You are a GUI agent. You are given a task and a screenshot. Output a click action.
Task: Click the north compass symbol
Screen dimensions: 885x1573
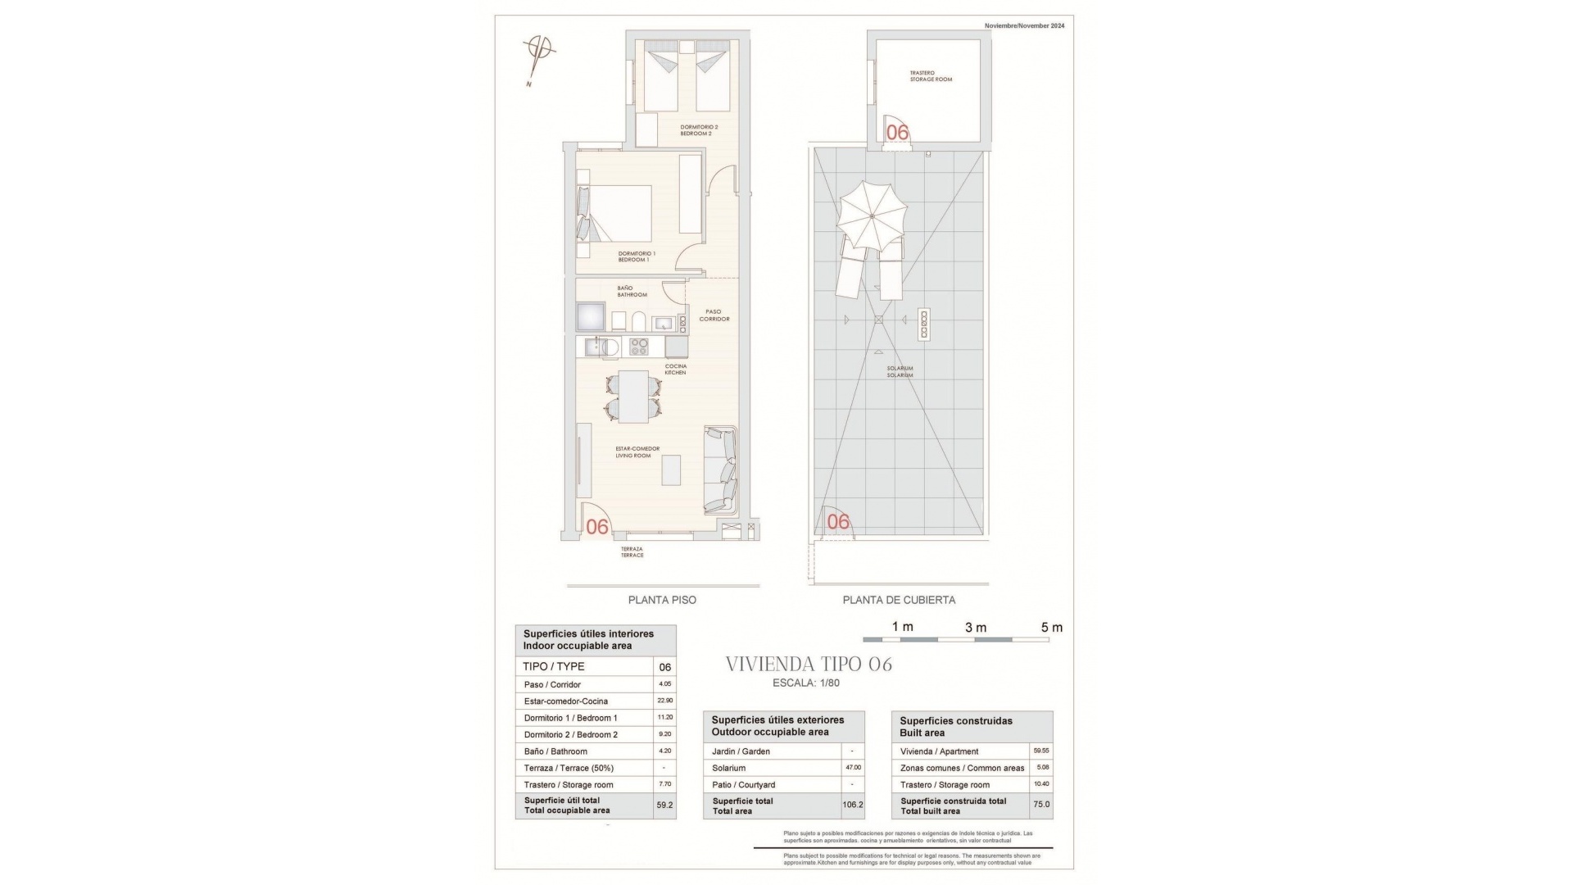click(540, 55)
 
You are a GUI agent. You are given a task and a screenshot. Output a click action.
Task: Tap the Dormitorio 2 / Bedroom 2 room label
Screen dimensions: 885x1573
click(699, 130)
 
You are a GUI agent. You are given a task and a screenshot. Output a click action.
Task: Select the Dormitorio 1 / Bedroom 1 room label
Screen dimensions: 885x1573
click(637, 256)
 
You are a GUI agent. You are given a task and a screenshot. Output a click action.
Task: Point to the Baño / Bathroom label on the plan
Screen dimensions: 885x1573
click(632, 292)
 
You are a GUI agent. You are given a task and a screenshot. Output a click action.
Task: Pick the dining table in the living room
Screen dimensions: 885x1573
click(633, 397)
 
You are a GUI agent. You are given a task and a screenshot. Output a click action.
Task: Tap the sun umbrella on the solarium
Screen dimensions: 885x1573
click(872, 216)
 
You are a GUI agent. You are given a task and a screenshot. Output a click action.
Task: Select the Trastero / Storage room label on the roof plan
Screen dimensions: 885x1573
click(931, 76)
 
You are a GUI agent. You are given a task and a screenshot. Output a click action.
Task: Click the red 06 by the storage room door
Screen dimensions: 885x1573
click(897, 132)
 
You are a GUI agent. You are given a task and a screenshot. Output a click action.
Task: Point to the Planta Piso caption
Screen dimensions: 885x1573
click(662, 600)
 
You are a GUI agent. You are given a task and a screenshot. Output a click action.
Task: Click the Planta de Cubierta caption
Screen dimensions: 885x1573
click(899, 600)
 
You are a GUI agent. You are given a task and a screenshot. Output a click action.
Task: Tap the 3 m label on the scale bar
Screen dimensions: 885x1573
click(975, 628)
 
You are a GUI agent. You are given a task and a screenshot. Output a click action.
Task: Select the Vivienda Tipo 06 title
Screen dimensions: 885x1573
click(809, 665)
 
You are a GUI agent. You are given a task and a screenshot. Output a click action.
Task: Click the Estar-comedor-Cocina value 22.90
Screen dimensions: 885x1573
click(664, 701)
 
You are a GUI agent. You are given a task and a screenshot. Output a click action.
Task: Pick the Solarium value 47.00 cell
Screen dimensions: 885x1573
click(853, 768)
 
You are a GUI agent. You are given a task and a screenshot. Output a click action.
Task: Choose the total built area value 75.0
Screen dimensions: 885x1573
click(1040, 805)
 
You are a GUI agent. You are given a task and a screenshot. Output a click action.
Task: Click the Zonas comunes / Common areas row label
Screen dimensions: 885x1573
click(962, 768)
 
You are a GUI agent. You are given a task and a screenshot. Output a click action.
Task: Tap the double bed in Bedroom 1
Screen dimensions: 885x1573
click(621, 213)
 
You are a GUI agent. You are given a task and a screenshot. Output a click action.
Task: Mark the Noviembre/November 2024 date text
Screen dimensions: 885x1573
click(1024, 26)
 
